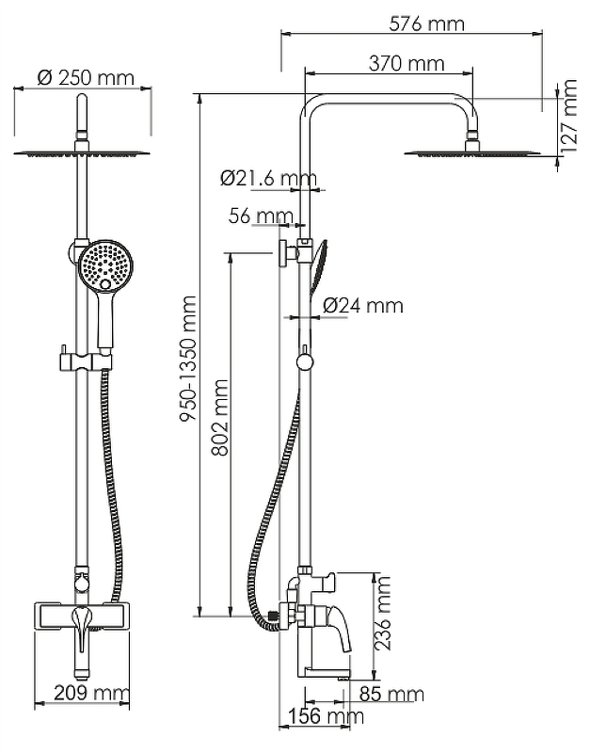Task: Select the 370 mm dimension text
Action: coord(393,64)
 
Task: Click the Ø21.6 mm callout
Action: coord(268,177)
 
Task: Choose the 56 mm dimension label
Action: coord(262,216)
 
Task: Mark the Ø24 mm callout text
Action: coord(362,305)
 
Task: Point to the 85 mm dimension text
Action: coord(391,696)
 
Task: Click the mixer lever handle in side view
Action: coord(334,625)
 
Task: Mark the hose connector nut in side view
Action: coord(272,617)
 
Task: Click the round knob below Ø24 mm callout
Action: coord(304,361)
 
